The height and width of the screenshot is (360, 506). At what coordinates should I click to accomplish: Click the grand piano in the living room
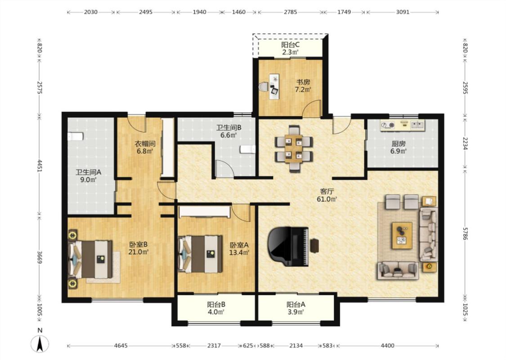[288, 246]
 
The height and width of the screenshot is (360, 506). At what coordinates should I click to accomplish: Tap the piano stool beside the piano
[314, 246]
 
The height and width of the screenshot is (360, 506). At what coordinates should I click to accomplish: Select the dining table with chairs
[294, 148]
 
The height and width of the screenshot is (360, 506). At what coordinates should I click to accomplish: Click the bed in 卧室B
[90, 259]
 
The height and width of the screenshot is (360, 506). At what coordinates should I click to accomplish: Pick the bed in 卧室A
[201, 254]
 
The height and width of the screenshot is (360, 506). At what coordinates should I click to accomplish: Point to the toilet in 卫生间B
[247, 149]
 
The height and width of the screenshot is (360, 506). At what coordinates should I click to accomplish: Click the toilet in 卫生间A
[76, 136]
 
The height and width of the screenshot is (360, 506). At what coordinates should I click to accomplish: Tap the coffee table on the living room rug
[402, 235]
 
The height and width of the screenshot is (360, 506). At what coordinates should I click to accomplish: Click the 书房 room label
[303, 82]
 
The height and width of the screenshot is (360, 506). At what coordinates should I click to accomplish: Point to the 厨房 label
[399, 144]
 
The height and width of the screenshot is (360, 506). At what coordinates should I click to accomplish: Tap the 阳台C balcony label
[290, 45]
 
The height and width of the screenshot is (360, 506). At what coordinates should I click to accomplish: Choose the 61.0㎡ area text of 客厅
[327, 199]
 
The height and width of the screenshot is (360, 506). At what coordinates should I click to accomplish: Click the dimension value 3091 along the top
[403, 12]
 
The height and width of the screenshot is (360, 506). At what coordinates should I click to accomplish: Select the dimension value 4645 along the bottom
[121, 346]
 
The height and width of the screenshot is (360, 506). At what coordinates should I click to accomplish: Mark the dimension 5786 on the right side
[465, 233]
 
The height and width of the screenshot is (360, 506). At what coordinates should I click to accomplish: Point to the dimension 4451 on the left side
[40, 166]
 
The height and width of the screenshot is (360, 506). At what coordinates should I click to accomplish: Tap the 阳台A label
[296, 304]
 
